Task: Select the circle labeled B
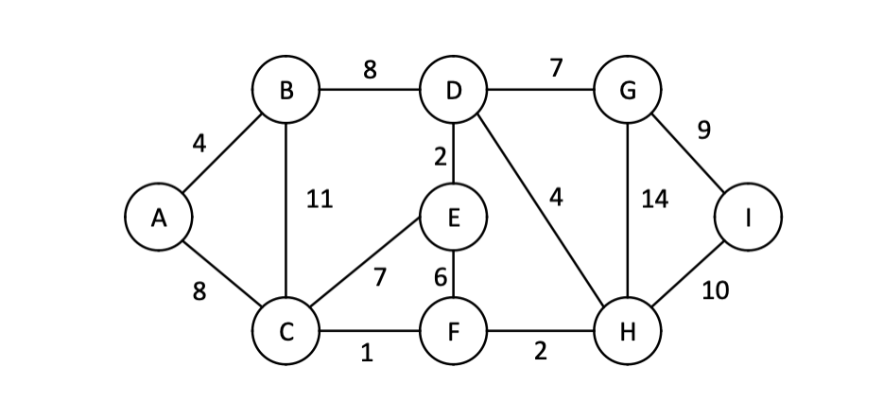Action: (286, 92)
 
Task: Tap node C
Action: (286, 332)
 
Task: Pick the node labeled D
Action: (454, 92)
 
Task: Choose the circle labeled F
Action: (454, 332)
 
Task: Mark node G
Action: (628, 92)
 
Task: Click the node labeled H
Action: (628, 332)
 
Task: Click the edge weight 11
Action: (320, 201)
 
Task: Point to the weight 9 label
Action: (702, 131)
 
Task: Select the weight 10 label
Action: (715, 291)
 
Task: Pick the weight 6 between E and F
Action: (440, 278)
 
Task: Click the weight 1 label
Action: (367, 354)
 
